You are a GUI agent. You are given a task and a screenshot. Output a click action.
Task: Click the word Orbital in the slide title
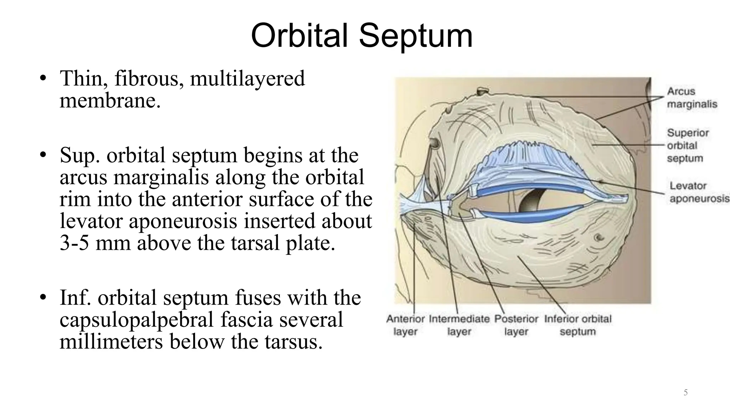[x=299, y=36]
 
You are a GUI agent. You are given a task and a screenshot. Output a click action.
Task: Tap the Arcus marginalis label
[x=692, y=98]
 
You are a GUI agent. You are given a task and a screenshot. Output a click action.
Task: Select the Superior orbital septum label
[x=688, y=146]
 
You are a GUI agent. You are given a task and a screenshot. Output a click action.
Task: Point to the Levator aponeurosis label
[x=699, y=192]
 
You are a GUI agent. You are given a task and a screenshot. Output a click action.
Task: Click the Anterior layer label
[x=405, y=325]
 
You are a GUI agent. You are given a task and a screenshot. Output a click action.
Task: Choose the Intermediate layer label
[x=459, y=325]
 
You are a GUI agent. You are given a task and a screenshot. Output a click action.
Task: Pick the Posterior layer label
[x=516, y=325]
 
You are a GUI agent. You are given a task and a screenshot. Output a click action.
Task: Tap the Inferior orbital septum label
[x=577, y=325]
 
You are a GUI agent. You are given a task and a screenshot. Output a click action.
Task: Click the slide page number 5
[x=685, y=393]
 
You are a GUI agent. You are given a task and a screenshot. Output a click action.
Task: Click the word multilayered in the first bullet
[x=247, y=78]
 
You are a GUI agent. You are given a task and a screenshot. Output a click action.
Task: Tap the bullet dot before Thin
[x=43, y=78]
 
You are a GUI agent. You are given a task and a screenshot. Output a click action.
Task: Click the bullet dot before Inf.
[x=43, y=298]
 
